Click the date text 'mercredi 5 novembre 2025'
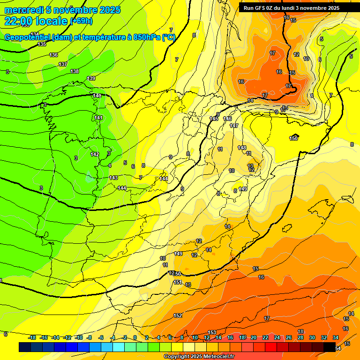(62, 10)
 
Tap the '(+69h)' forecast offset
(82, 21)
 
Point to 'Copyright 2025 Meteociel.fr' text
(199, 357)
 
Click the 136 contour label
(53, 55)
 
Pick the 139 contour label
(91, 78)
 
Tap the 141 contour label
(98, 118)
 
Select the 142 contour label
(95, 154)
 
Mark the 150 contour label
(294, 138)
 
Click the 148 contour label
(242, 148)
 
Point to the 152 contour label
(178, 315)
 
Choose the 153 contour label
(212, 332)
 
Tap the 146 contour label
(227, 119)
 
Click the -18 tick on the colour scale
(32, 337)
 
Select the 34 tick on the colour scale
(336, 337)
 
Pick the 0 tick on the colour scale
(135, 337)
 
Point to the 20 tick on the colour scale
(254, 337)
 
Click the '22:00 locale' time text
(36, 21)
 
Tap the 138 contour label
(75, 71)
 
